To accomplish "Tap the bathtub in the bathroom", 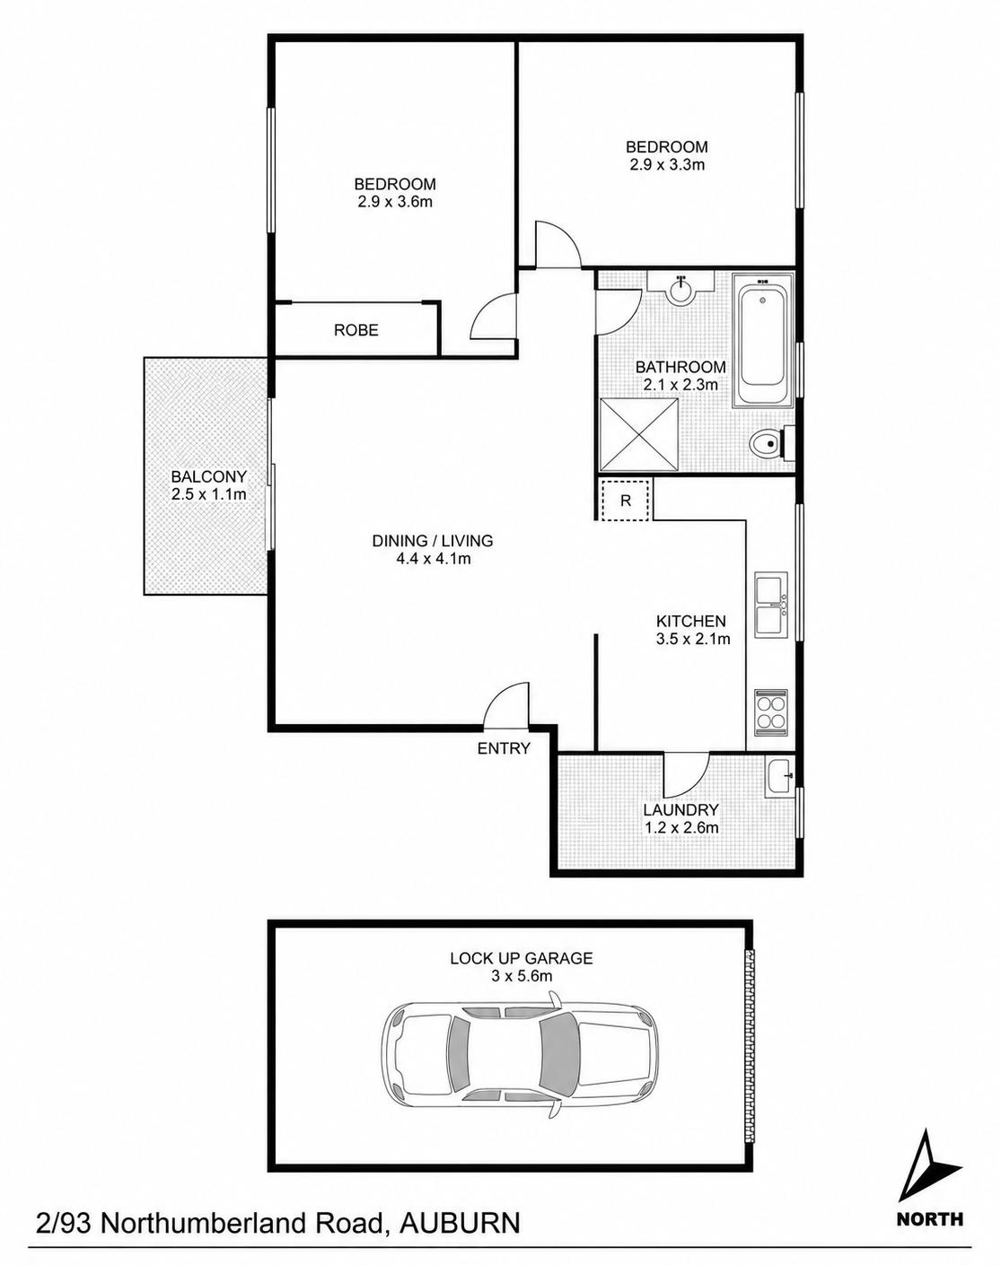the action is [x=763, y=340].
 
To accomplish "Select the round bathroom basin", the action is [x=681, y=290].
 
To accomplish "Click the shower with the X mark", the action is [x=638, y=434].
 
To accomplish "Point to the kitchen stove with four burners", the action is [x=771, y=712].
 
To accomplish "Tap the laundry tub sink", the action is [x=780, y=777].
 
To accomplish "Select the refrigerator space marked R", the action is [x=625, y=500].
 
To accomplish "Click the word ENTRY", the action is [x=504, y=748].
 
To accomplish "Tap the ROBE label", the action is [x=356, y=330].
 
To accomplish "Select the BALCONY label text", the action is [x=209, y=476].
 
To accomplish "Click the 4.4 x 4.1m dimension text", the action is [x=434, y=558].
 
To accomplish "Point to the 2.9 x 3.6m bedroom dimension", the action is [x=395, y=202].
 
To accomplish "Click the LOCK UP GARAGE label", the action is [x=521, y=958].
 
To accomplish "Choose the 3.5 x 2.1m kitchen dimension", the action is [x=693, y=639].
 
